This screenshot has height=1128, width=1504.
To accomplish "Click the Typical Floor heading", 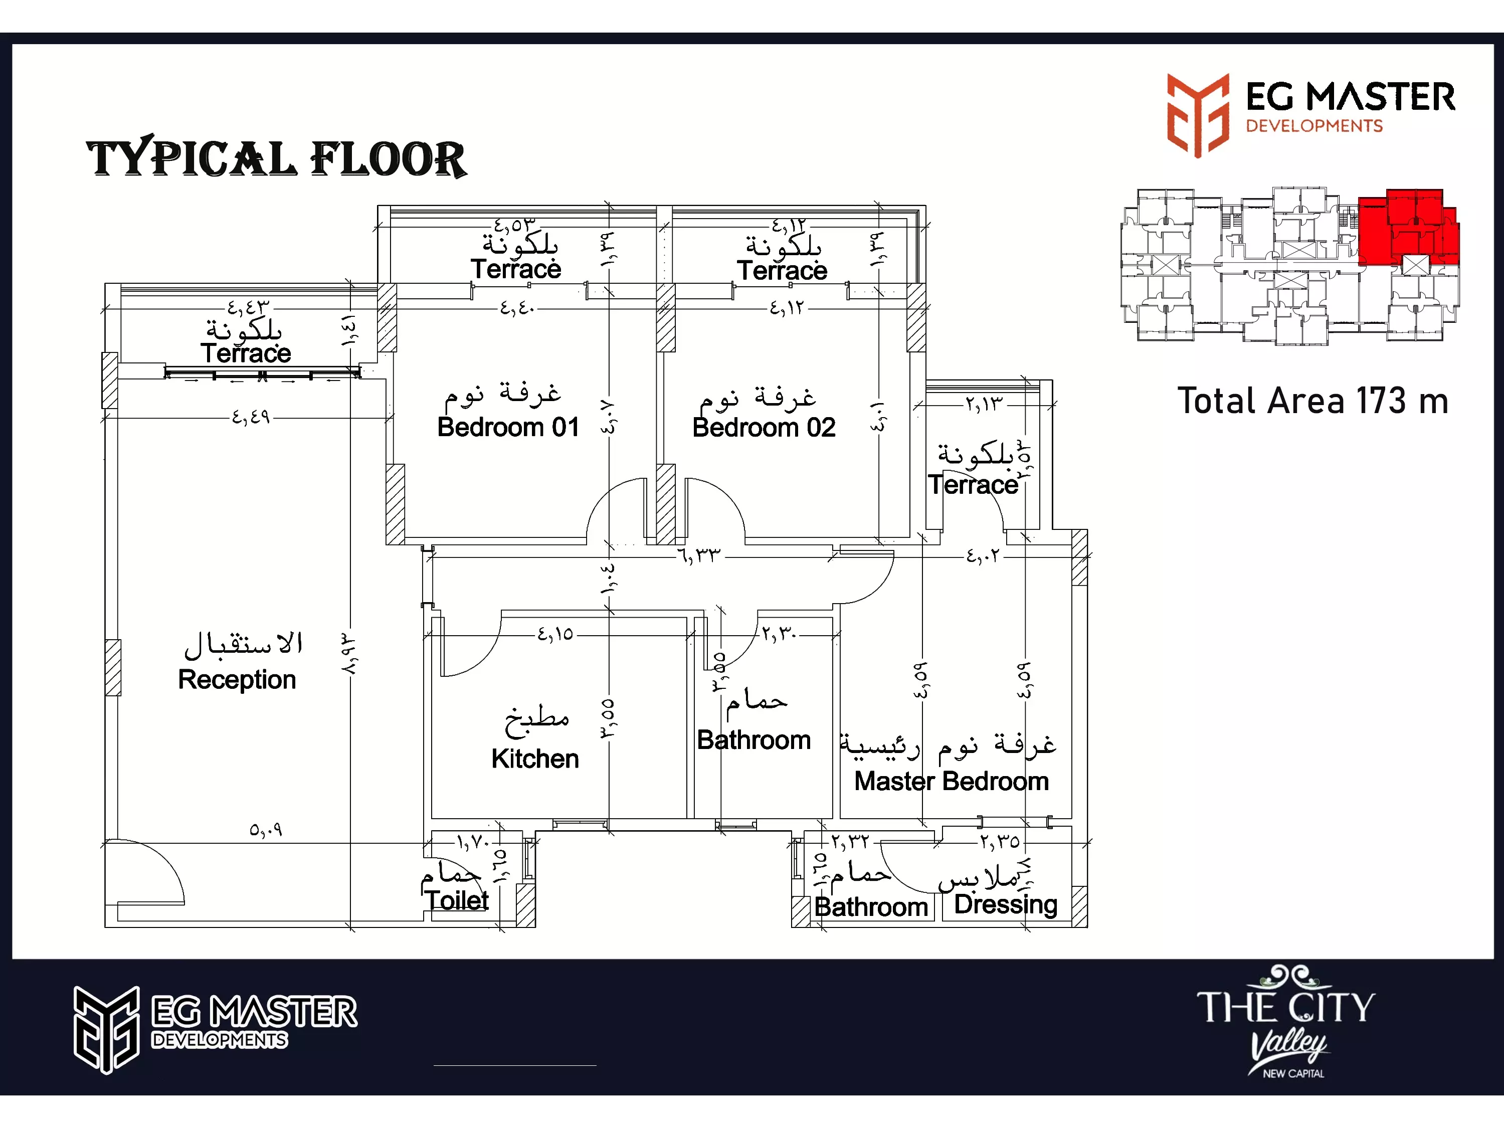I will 276,158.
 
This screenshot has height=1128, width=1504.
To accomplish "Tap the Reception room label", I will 237,679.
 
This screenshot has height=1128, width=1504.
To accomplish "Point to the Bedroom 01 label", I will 508,427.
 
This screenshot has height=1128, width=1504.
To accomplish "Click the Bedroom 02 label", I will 764,427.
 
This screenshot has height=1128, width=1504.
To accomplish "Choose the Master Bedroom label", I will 951,781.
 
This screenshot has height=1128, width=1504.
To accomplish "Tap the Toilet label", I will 457,900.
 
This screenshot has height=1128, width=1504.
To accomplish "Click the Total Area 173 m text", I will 1312,401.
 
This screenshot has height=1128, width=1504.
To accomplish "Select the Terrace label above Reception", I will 246,353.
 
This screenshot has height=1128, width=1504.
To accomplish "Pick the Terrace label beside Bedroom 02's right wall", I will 973,484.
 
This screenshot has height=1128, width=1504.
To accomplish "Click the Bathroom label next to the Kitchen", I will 754,740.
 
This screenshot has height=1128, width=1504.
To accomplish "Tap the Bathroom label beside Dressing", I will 871,906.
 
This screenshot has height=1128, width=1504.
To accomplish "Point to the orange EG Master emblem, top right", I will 1198,115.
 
